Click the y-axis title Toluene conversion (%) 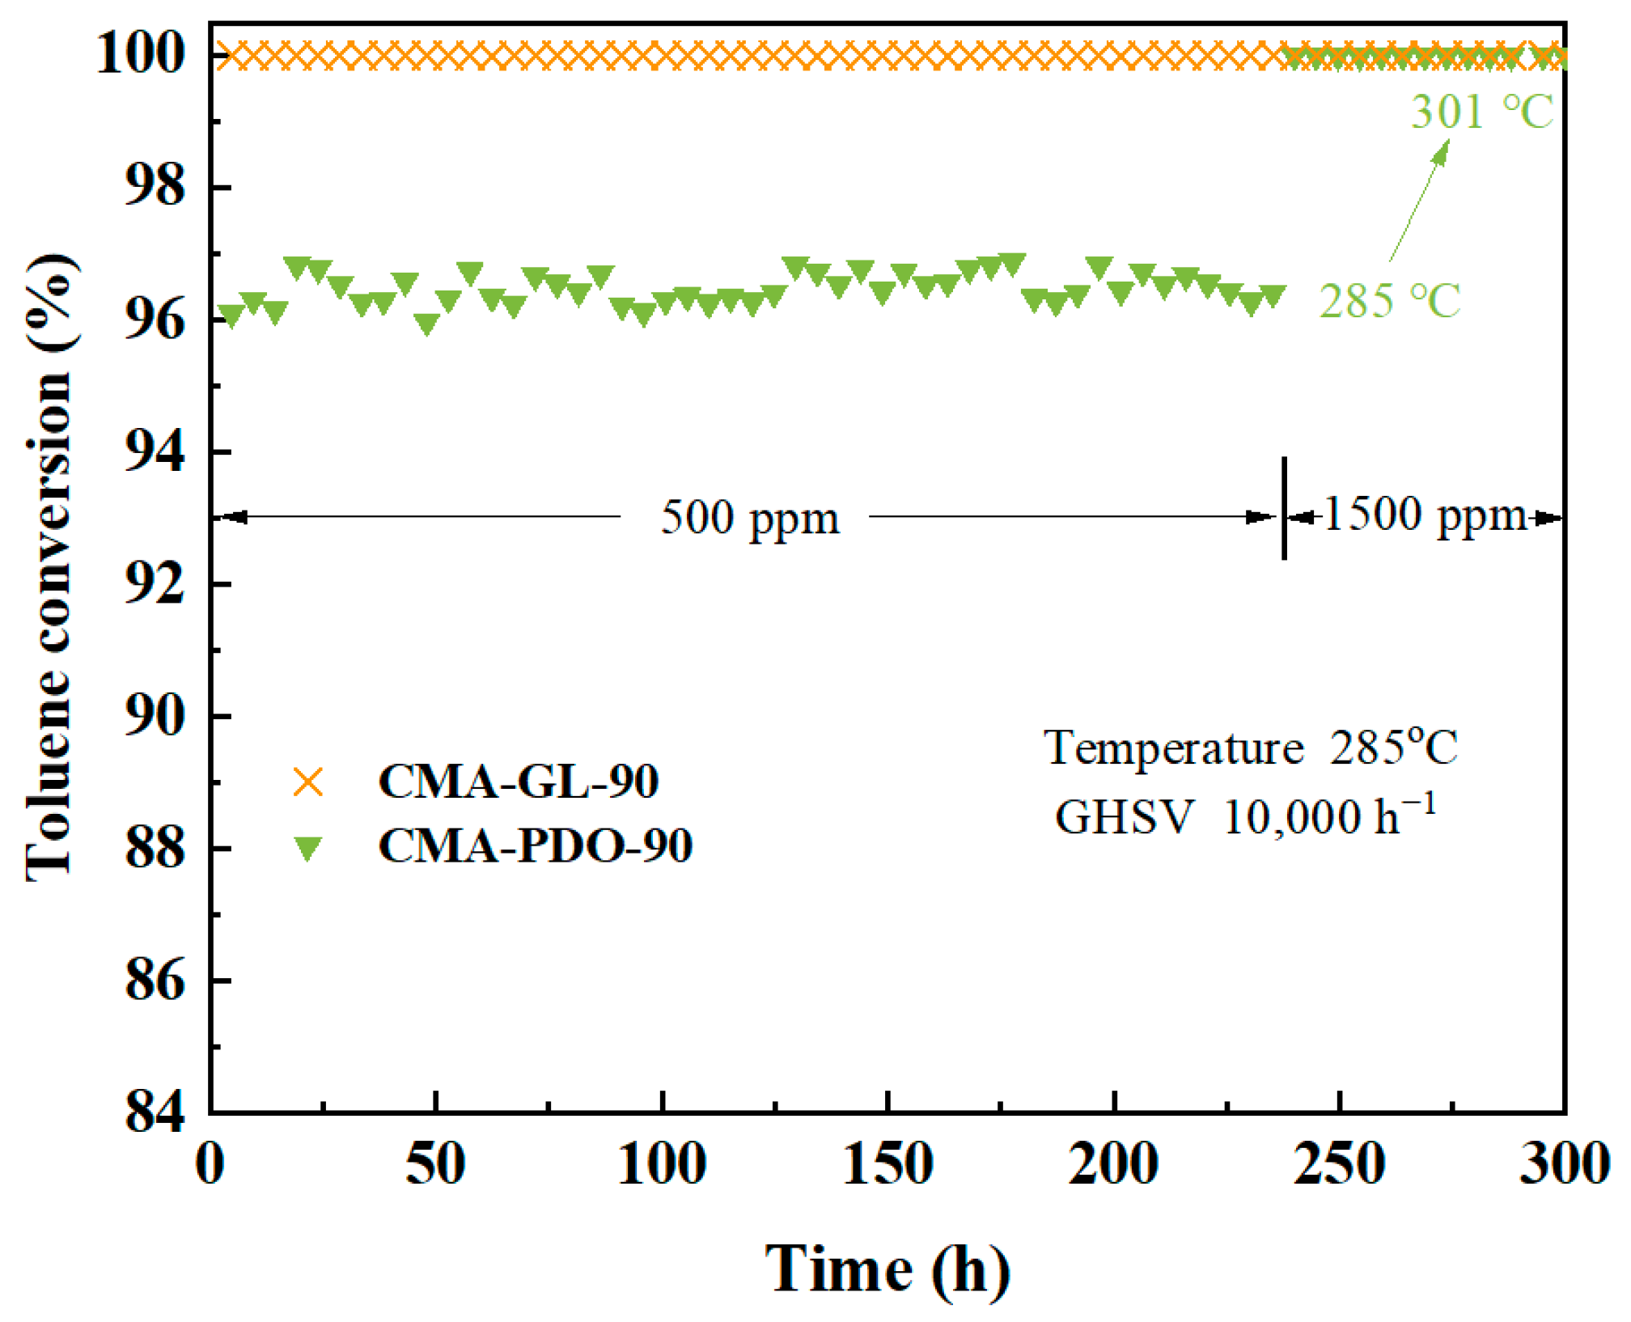pyautogui.click(x=50, y=566)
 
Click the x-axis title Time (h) pyautogui.click(x=888, y=1269)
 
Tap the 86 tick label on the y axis pyautogui.click(x=154, y=981)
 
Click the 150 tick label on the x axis pyautogui.click(x=888, y=1164)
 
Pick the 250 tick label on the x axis pyautogui.click(x=1340, y=1164)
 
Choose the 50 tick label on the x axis pyautogui.click(x=435, y=1164)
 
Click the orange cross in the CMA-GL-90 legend pyautogui.click(x=308, y=782)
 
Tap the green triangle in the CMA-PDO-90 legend pyautogui.click(x=308, y=849)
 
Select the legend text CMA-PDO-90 pyautogui.click(x=535, y=846)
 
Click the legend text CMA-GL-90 pyautogui.click(x=518, y=782)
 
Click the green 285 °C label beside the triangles pyautogui.click(x=1390, y=301)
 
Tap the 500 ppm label pyautogui.click(x=750, y=518)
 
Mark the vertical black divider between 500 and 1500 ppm pyautogui.click(x=1284, y=508)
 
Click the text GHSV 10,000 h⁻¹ pyautogui.click(x=1246, y=816)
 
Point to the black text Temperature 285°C pyautogui.click(x=1251, y=747)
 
